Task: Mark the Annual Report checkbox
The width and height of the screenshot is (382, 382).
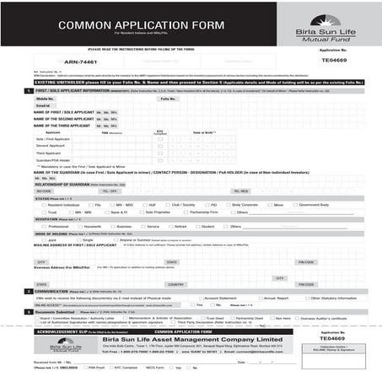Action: [260, 299]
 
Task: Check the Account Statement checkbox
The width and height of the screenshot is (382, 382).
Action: [201, 299]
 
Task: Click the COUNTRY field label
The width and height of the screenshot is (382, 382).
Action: [175, 284]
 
